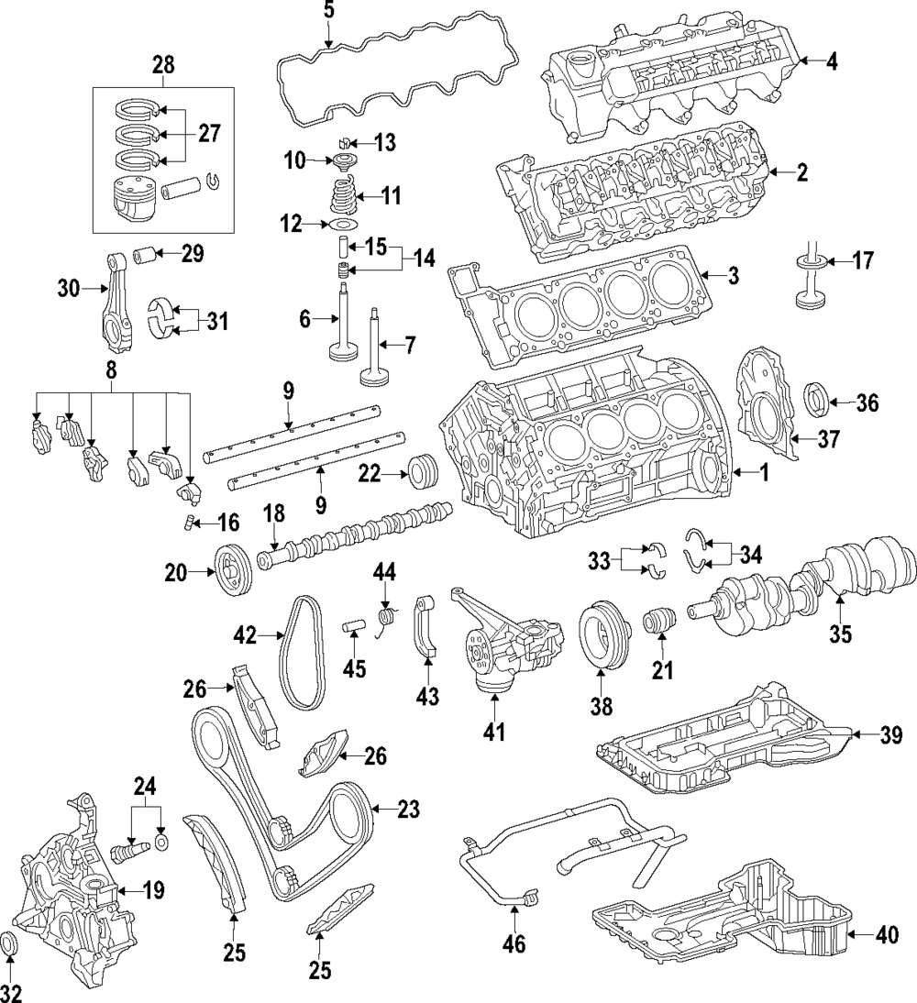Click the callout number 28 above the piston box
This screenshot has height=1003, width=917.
(163, 66)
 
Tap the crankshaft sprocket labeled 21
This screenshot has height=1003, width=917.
(659, 621)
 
